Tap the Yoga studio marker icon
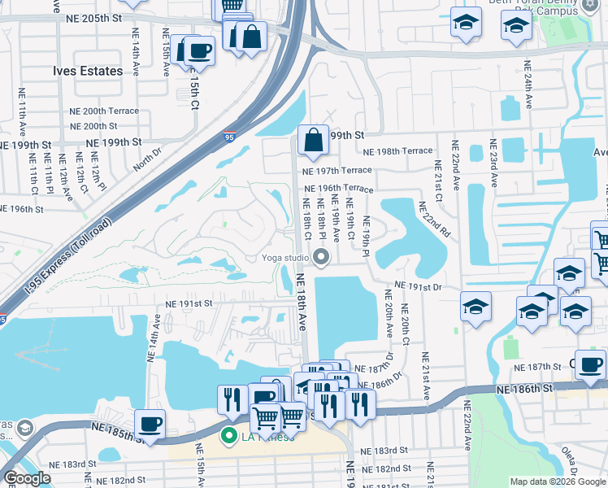pos(322,259)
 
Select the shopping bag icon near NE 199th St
pos(313,142)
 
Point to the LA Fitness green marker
pos(229,437)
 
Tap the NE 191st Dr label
pos(418,287)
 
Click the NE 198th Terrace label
pos(397,151)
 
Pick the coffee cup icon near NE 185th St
pos(150,424)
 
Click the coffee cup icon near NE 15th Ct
pos(198,51)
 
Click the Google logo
pos(27,478)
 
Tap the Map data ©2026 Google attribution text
pos(557,481)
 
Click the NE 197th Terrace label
pos(337,170)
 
